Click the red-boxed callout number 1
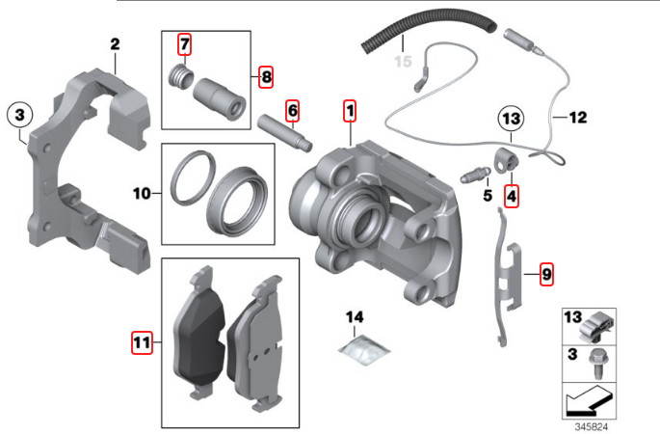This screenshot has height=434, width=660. pyautogui.click(x=350, y=111)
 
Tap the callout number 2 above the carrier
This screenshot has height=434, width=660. pyautogui.click(x=115, y=44)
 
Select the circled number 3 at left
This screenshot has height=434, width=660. pyautogui.click(x=20, y=114)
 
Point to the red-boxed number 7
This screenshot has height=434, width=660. pyautogui.click(x=185, y=43)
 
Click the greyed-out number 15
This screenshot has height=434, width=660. pyautogui.click(x=403, y=62)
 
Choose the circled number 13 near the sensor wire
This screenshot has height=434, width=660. pyautogui.click(x=511, y=119)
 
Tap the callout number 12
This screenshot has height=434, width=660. pyautogui.click(x=578, y=117)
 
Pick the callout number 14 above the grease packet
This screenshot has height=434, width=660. pyautogui.click(x=355, y=317)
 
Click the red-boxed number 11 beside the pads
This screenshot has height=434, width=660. pyautogui.click(x=142, y=342)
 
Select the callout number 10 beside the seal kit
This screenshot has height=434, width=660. pyautogui.click(x=142, y=194)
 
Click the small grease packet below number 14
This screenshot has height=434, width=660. pyautogui.click(x=365, y=349)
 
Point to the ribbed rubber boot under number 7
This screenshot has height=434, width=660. pyautogui.click(x=181, y=76)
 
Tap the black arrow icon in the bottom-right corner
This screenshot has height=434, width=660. pyautogui.click(x=589, y=400)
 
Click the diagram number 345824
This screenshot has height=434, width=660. pyautogui.click(x=592, y=427)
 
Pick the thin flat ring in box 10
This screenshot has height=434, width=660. pyautogui.click(x=192, y=178)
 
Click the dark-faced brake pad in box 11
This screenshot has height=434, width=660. pyautogui.click(x=198, y=332)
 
